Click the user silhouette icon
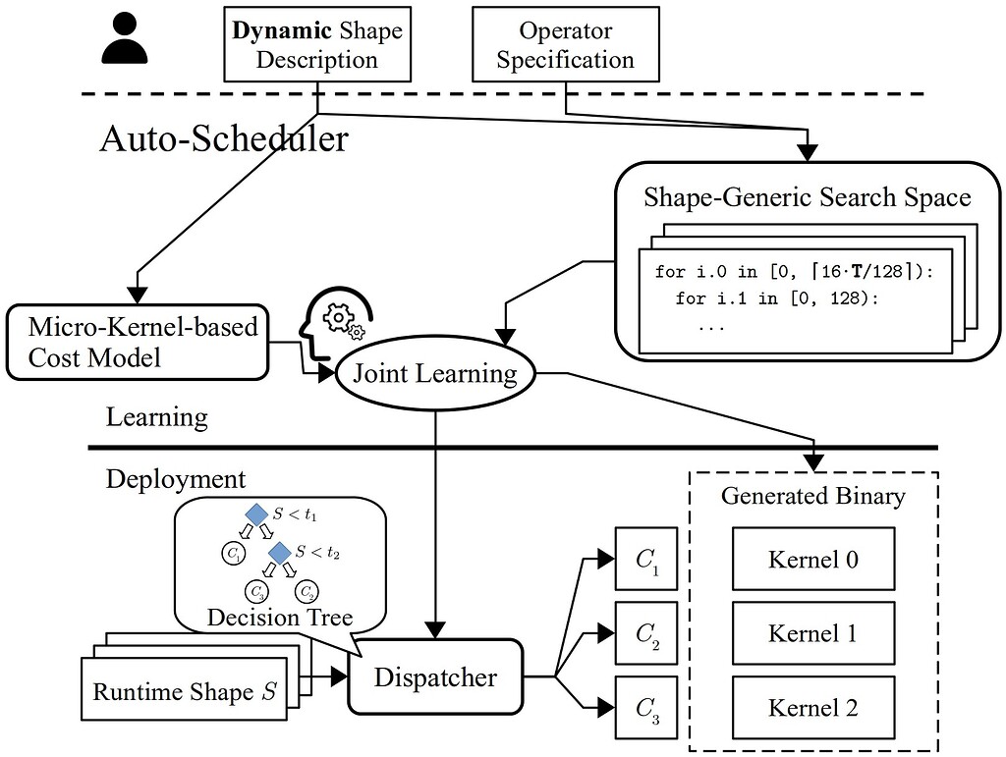coord(125,39)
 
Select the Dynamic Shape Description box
coord(316,44)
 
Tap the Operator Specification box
coord(565,44)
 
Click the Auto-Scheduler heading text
coord(223,138)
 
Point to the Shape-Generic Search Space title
coord(807,197)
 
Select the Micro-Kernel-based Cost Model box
coord(137,342)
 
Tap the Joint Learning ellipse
coord(435,374)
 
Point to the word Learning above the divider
coord(157,417)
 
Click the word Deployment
coord(176,479)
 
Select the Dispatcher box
coord(435,676)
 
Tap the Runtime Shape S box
coord(182,691)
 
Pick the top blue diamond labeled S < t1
coord(256,514)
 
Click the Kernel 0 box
coord(812,560)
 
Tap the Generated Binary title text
coord(812,496)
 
